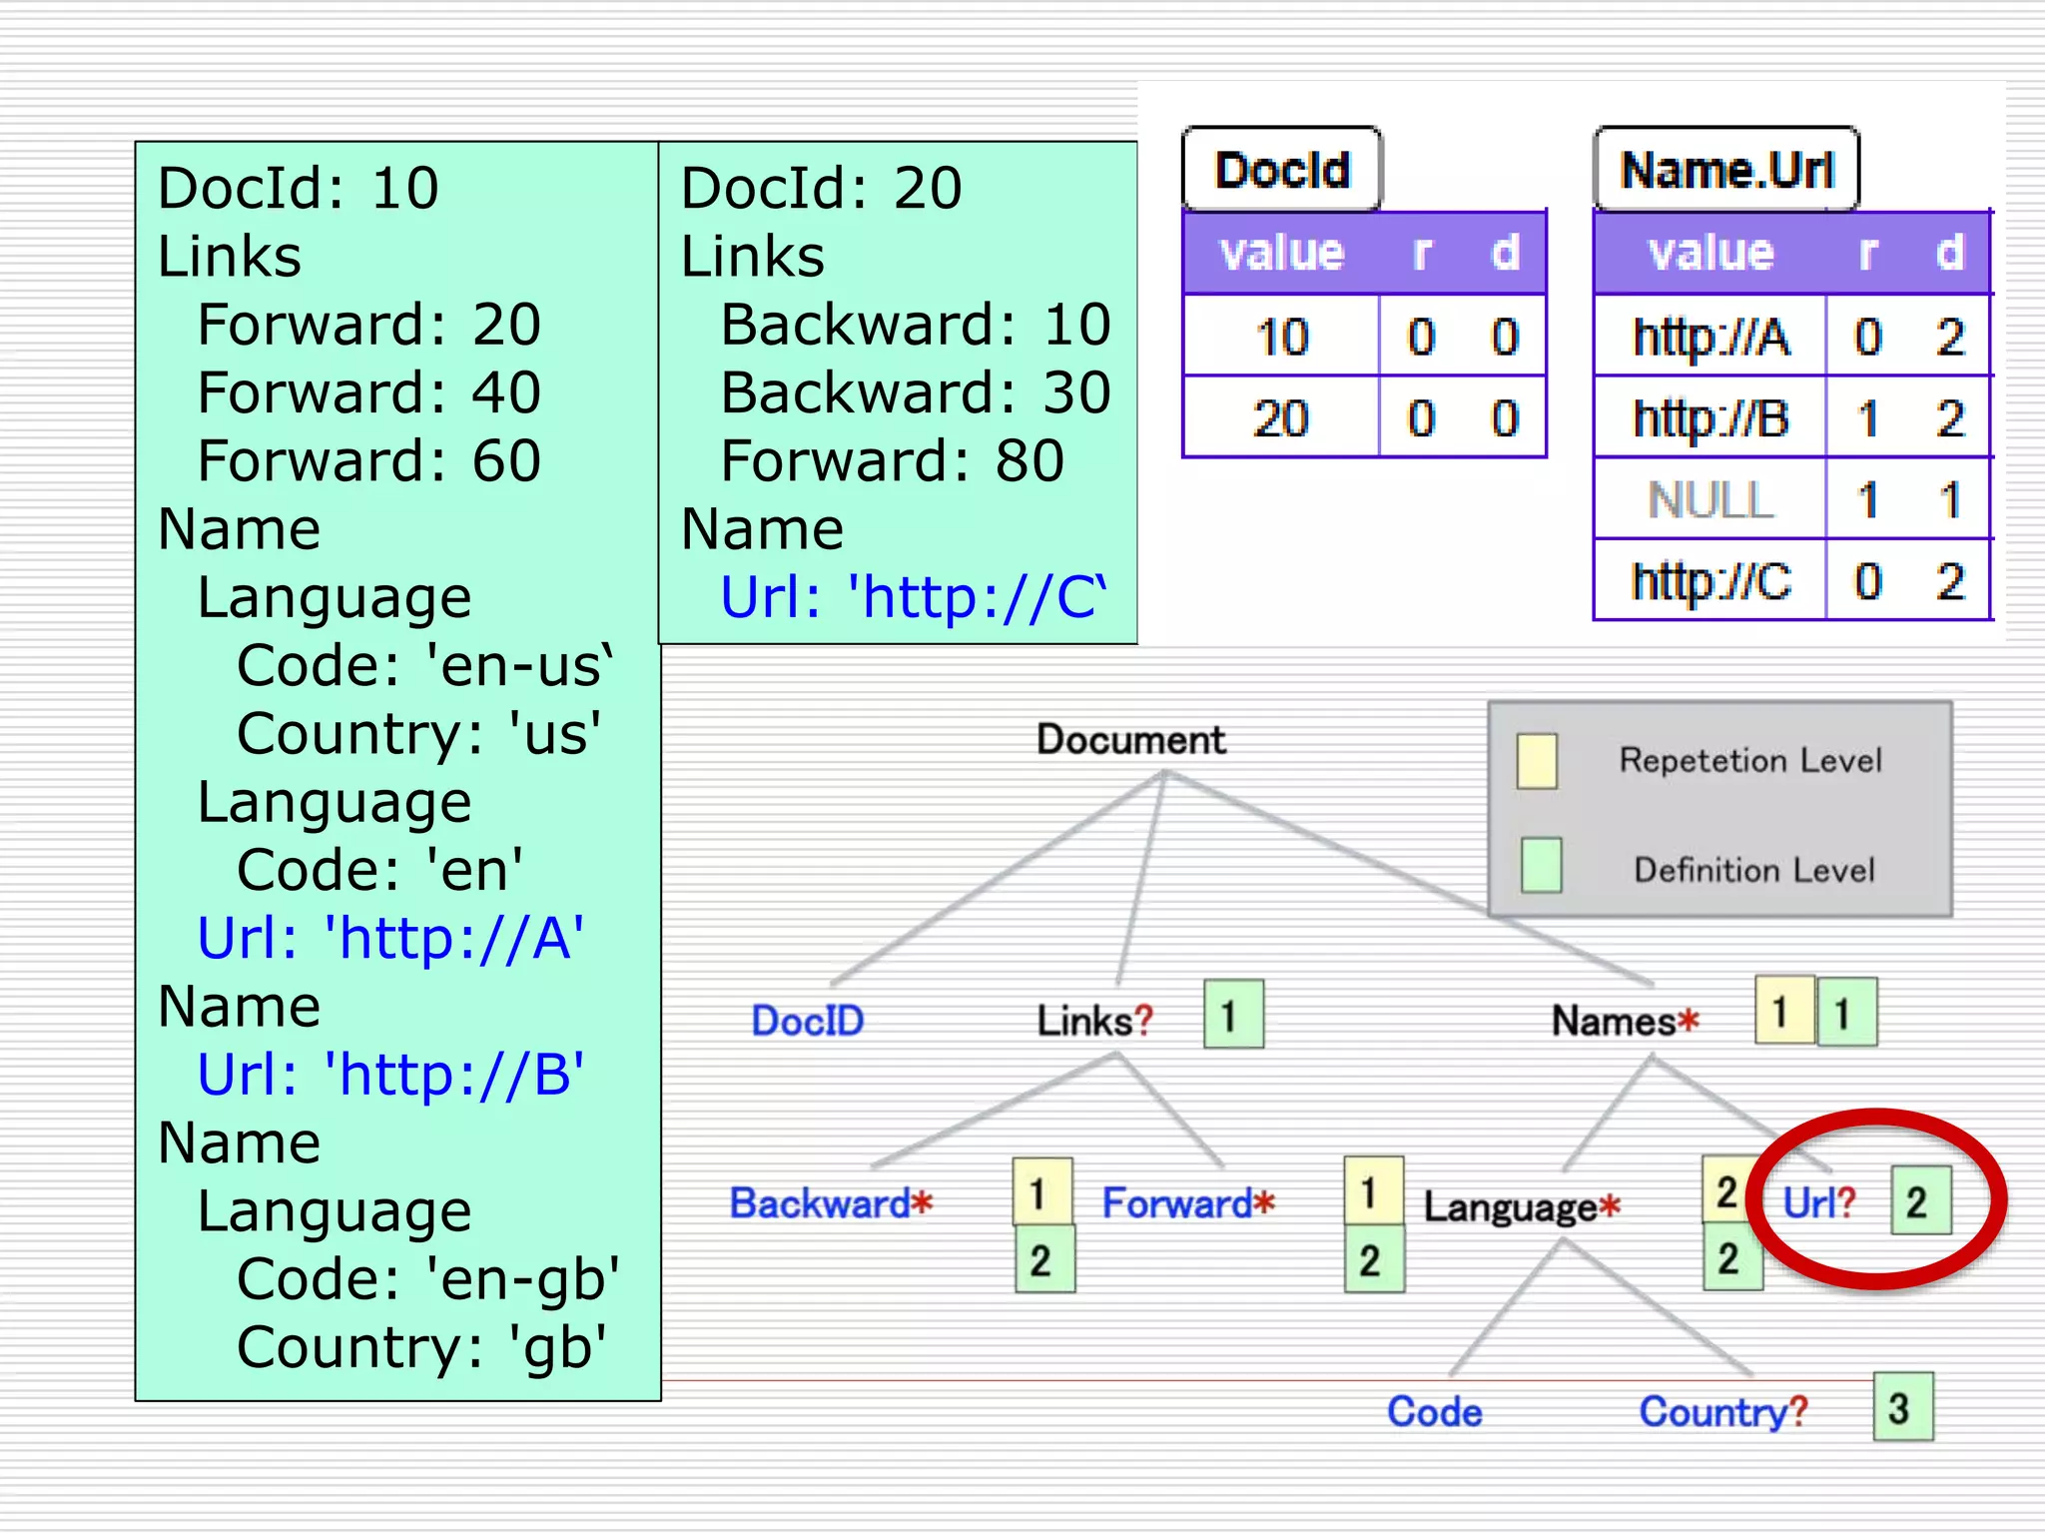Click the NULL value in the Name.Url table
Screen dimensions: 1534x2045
[x=1709, y=499]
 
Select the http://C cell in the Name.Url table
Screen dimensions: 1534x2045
[x=1710, y=581]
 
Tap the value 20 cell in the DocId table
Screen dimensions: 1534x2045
[x=1281, y=417]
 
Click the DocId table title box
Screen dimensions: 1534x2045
[x=1282, y=170]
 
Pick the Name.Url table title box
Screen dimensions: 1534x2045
[x=1726, y=170]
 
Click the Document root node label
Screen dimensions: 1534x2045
[x=1130, y=740]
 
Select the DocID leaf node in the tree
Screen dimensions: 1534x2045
[x=807, y=1021]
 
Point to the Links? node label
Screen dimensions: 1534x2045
[x=1095, y=1021]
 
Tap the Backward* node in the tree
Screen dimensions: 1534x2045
[x=831, y=1203]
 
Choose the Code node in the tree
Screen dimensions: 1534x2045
[x=1435, y=1412]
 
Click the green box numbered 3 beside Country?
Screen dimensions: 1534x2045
[x=1902, y=1407]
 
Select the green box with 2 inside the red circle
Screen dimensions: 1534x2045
[x=1920, y=1202]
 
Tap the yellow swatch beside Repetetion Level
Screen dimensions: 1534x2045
[x=1537, y=761]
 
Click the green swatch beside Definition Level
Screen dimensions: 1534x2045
[x=1541, y=865]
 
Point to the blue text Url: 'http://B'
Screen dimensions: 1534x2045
[x=390, y=1075]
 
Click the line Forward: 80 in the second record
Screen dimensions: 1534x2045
[x=892, y=461]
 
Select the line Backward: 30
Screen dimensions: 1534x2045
[x=915, y=392]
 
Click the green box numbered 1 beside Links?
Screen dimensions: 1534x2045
[x=1233, y=1015]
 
